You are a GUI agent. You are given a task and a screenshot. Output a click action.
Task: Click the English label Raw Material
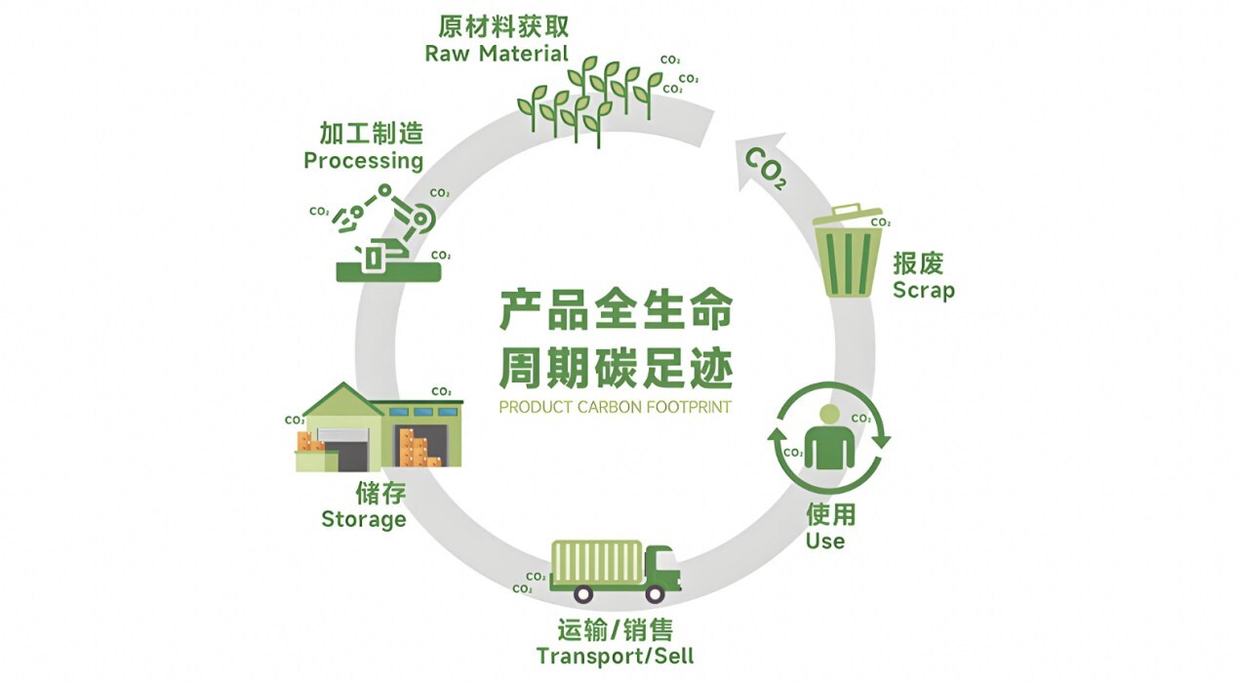click(x=497, y=54)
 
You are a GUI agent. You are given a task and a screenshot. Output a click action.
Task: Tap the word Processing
click(x=363, y=160)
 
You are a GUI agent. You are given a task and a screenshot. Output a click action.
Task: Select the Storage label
click(x=364, y=519)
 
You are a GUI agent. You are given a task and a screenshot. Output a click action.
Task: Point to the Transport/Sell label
click(x=615, y=655)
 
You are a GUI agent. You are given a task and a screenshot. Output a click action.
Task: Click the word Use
click(x=824, y=541)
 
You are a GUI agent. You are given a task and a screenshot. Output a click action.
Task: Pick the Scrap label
click(x=923, y=291)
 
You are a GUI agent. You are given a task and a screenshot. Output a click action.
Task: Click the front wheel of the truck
click(x=655, y=592)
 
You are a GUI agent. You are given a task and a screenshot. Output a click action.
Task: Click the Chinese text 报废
click(x=918, y=264)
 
